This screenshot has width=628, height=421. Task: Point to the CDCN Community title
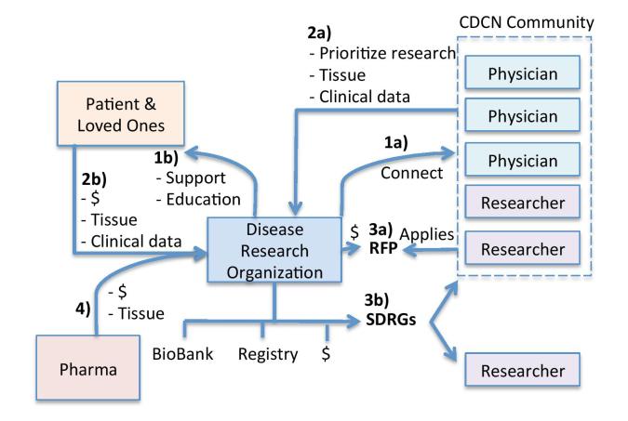click(528, 21)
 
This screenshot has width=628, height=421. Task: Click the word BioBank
click(181, 355)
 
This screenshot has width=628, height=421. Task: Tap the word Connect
click(410, 174)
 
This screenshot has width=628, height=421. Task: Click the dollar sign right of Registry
click(327, 354)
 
